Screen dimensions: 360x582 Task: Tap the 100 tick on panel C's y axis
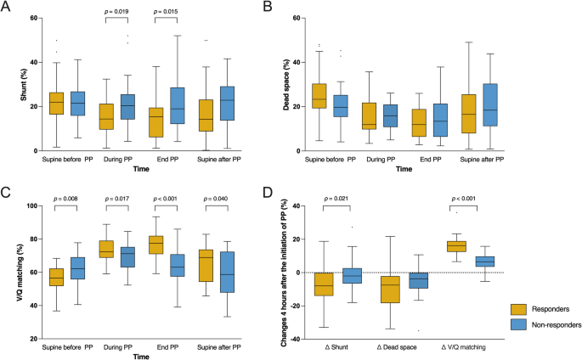point(30,205)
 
